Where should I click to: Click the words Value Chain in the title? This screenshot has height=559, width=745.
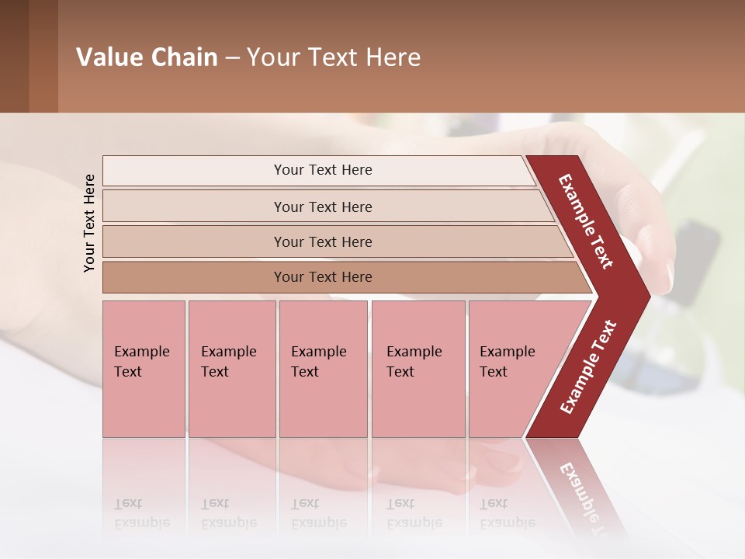147,57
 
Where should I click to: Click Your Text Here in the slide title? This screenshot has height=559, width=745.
334,57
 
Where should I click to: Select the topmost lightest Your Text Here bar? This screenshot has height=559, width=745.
322,170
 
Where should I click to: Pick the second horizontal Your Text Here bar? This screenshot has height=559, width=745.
323,207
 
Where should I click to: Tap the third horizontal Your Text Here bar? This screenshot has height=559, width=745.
323,241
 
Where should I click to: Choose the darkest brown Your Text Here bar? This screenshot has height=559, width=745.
323,277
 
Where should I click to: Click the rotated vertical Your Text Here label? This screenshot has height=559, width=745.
89,223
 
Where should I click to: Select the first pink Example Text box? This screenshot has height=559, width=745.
144,369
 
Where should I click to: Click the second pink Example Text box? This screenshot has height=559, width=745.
231,369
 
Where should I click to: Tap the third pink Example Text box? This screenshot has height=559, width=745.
323,369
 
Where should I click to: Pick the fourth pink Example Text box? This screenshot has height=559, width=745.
418,369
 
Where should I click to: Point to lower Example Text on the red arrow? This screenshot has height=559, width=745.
588,367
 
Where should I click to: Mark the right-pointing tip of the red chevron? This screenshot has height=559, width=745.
648,296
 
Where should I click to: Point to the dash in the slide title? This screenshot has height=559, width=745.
232,58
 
